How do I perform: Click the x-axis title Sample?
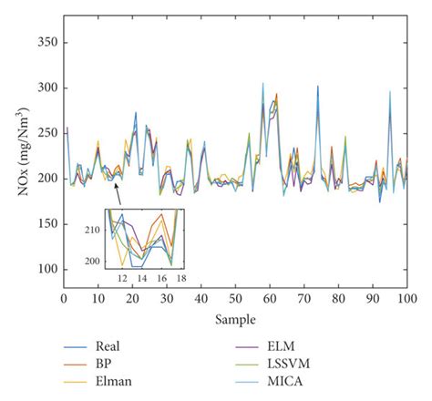pyautogui.click(x=235, y=321)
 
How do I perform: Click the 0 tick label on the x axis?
pyautogui.click(x=64, y=298)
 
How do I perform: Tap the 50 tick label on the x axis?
pyautogui.click(x=236, y=298)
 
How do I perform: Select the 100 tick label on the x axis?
pyautogui.click(x=407, y=298)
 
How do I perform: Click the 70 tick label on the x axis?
pyautogui.click(x=304, y=298)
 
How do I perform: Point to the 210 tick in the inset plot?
pyautogui.click(x=94, y=231)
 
